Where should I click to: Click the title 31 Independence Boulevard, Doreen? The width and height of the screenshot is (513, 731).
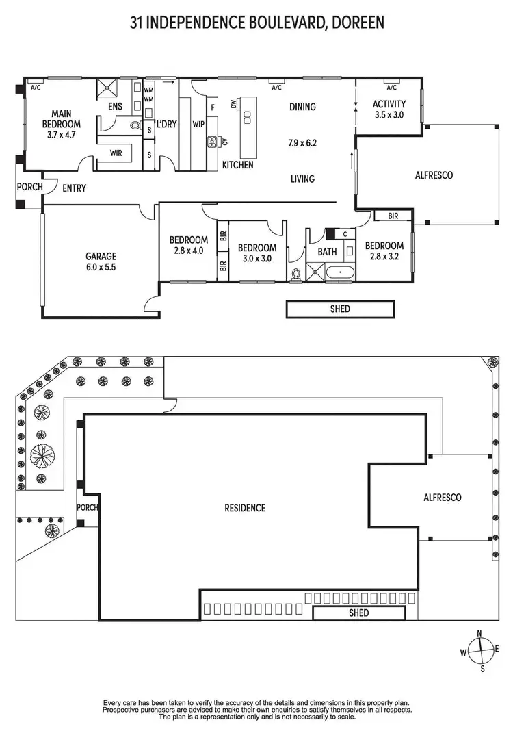point(256,23)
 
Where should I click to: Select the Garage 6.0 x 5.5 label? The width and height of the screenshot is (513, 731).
point(101,262)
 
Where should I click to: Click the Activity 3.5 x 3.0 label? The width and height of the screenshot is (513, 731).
point(389,110)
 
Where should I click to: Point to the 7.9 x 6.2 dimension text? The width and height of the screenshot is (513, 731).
point(302,143)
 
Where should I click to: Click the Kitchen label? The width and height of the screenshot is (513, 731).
point(237,165)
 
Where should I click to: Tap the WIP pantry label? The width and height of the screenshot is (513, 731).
point(198,125)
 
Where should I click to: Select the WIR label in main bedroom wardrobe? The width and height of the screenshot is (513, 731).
point(116,153)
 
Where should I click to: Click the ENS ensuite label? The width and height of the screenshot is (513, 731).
point(115,107)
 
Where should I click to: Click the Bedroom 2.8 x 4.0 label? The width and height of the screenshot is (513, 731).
point(188,245)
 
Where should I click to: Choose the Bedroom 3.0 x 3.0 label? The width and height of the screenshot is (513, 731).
point(256,253)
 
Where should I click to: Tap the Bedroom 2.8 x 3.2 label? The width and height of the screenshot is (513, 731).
point(384,251)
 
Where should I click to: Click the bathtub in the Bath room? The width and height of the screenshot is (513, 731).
point(339,273)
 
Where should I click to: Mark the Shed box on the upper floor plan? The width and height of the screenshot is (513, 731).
point(340,309)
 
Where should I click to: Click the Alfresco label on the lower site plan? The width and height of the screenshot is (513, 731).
point(443,498)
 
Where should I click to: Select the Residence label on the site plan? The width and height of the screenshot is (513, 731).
point(245,508)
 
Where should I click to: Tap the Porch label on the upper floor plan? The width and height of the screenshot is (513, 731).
point(29,187)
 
